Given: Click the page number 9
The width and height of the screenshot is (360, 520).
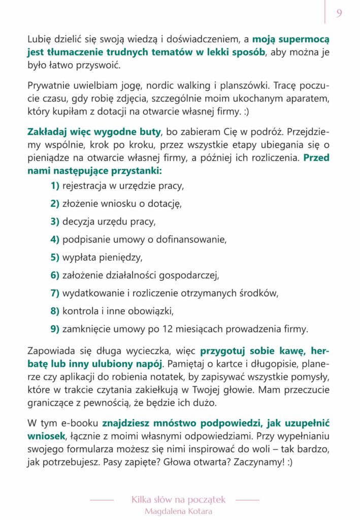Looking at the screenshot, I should tap(339, 13).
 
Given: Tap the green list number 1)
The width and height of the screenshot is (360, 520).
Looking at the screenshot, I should tap(55, 186).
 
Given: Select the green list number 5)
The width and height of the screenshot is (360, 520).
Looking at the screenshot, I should tap(55, 257).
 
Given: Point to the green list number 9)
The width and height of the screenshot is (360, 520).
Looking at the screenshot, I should tap(55, 329).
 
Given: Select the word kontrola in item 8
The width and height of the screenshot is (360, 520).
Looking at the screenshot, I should tap(80, 310).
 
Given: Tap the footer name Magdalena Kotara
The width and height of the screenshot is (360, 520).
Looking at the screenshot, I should tap(178, 511).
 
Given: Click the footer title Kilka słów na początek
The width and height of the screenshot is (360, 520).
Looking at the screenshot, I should tap(178, 500).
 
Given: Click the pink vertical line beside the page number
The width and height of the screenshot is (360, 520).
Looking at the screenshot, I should tap(325, 12).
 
